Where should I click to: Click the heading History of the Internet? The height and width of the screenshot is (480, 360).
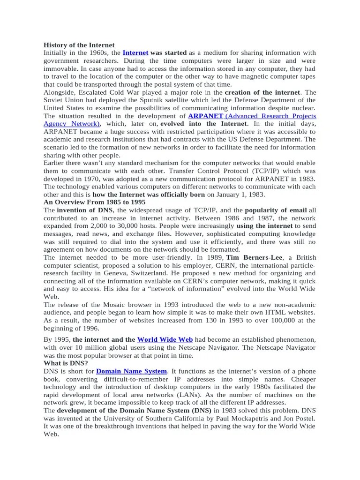pyautogui.click(x=79, y=45)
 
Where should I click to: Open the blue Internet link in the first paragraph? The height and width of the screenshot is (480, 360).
pyautogui.click(x=135, y=53)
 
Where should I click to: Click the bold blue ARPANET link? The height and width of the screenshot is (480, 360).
pyautogui.click(x=205, y=116)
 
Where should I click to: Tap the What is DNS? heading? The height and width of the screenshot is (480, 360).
pyautogui.click(x=66, y=363)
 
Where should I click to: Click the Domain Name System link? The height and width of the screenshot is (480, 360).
pyautogui.click(x=131, y=371)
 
